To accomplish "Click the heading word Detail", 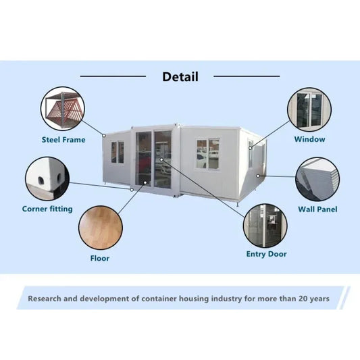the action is pos(180,77).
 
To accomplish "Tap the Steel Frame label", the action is pos(63,140).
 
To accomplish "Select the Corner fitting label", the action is pos(47,209).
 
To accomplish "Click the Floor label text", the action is pos(100,258).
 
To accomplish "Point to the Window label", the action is pos(309,139).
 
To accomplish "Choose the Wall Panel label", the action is pos(317,209).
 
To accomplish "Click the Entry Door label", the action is pos(266,254).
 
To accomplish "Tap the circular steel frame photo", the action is pos(63,109).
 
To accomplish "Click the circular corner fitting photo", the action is pos(47,179).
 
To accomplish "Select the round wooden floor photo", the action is pos(101,228).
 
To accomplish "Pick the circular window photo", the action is pos(309,109).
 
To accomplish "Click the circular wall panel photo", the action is pos(317,179).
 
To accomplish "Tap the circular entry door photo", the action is pos(265,226).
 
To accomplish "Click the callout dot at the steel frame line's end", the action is pos(104,136).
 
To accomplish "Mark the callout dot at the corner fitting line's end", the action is pos(132,190).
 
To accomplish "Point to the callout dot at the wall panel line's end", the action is pos(258,176).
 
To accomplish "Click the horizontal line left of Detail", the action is pos(113,76).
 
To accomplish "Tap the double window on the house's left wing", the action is pos(118,153).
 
